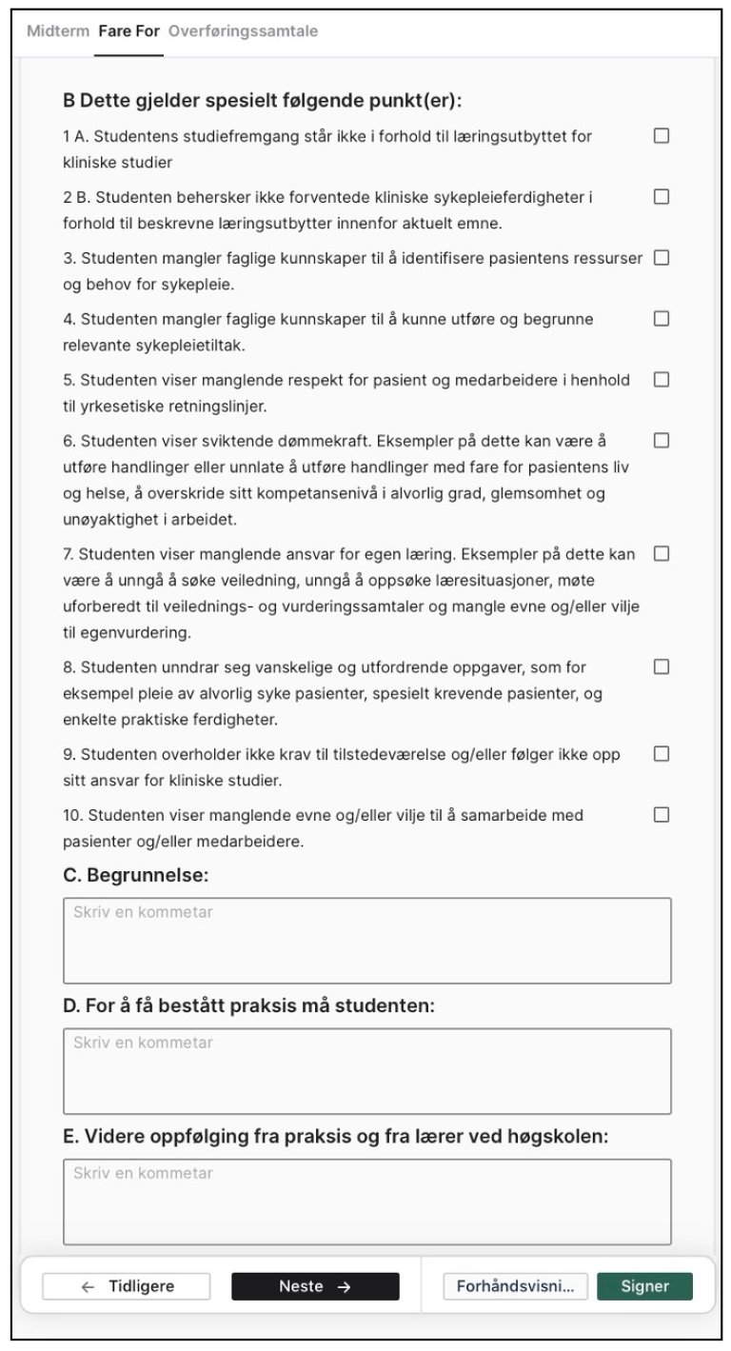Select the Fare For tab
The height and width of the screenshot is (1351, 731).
pos(128,31)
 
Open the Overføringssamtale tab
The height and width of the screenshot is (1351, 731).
pos(243,31)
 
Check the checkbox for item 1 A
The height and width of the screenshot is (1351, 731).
pos(662,136)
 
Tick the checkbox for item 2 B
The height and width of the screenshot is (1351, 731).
pos(662,197)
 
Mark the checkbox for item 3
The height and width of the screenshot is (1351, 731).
pos(662,258)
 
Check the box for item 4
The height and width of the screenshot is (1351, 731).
pos(662,319)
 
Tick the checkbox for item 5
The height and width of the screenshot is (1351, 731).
pos(662,380)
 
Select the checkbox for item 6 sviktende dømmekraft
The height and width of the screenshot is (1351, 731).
pos(662,441)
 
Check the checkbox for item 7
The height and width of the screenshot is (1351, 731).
pos(662,553)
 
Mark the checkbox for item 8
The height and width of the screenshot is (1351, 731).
pos(662,667)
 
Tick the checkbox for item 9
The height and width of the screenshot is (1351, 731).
pos(662,754)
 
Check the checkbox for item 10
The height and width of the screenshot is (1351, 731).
pos(662,815)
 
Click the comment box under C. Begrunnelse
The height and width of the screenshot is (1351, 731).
pos(366,940)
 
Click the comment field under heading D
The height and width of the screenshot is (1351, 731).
pos(366,1070)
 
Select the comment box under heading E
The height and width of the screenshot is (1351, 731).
pos(366,1201)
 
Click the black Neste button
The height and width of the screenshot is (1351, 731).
pos(315,1286)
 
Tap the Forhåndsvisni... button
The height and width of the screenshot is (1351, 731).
pos(515,1286)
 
